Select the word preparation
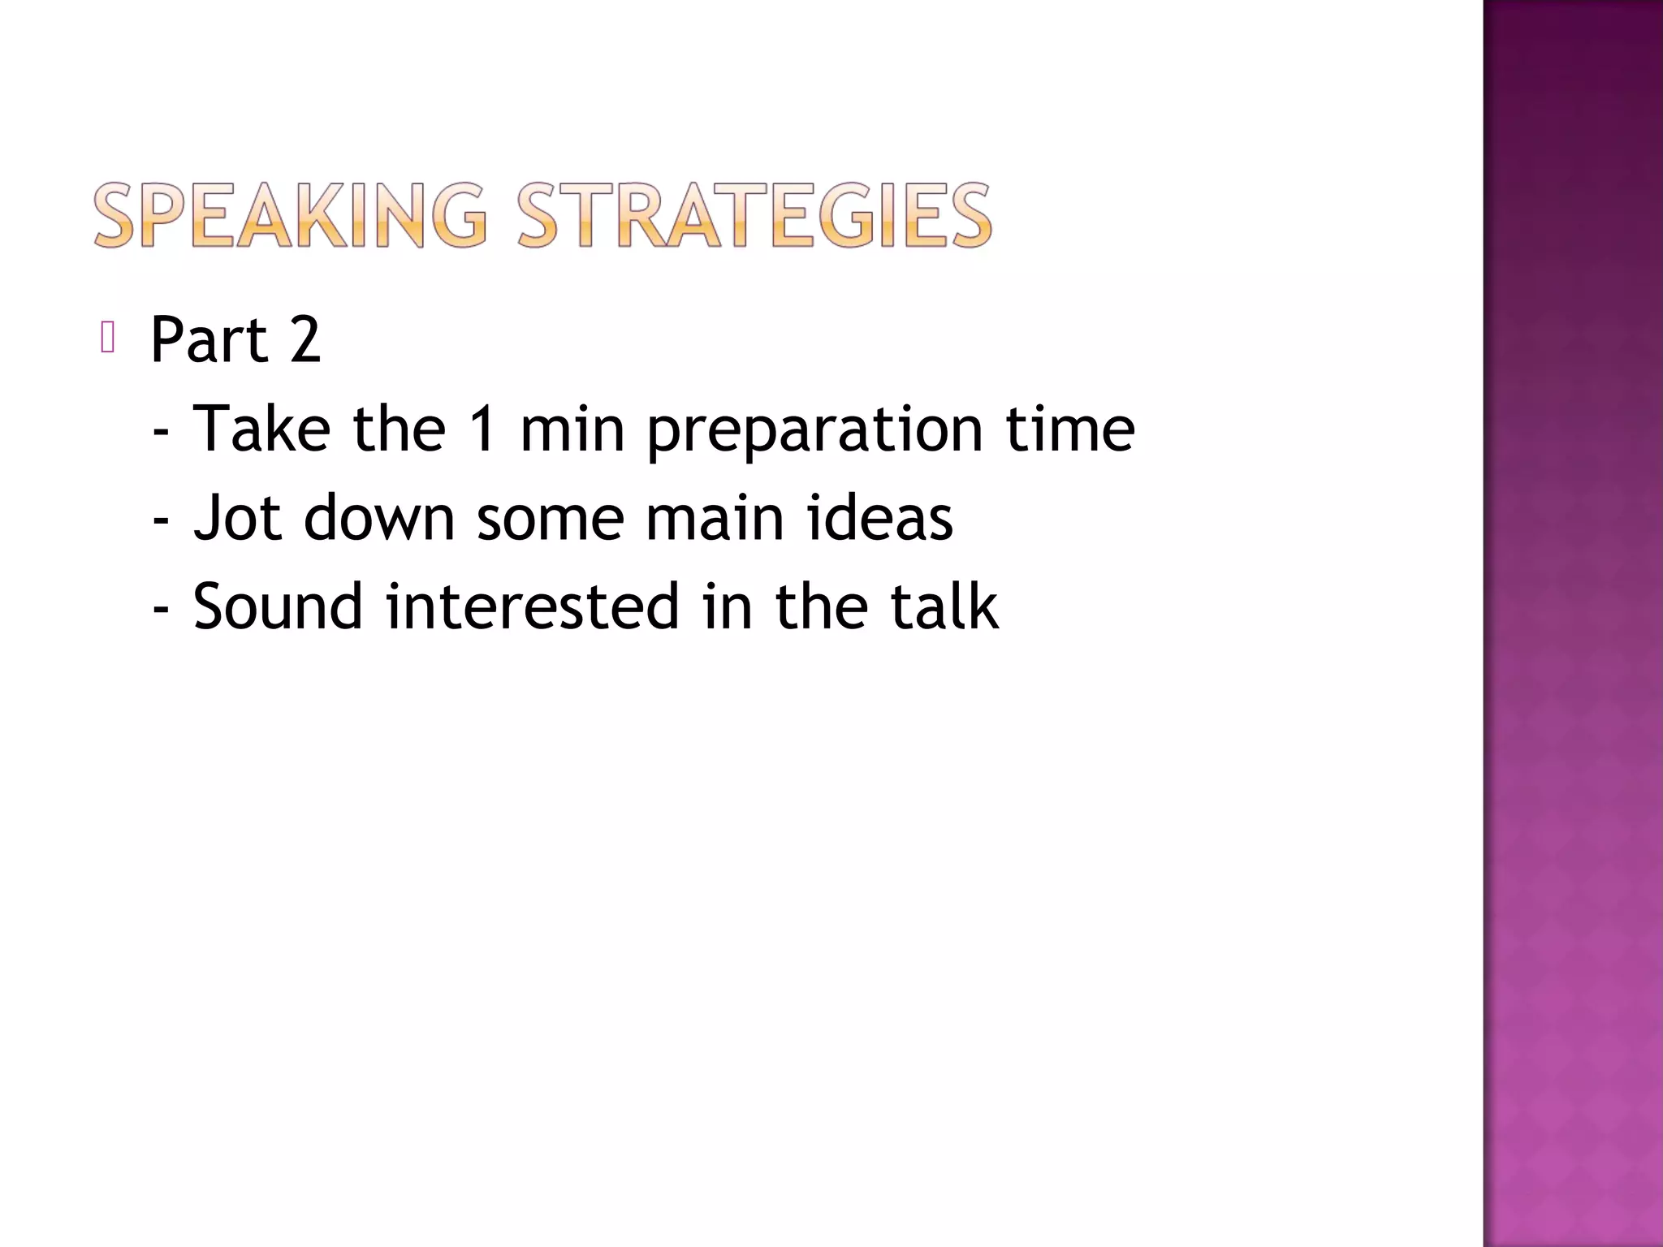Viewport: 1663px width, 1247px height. pyautogui.click(x=815, y=430)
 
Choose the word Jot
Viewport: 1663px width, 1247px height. pyautogui.click(x=237, y=517)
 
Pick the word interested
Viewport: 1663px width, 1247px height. pyautogui.click(x=532, y=606)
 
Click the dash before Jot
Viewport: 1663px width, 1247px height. pyautogui.click(x=161, y=520)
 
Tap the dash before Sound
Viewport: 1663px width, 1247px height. pyautogui.click(x=161, y=610)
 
